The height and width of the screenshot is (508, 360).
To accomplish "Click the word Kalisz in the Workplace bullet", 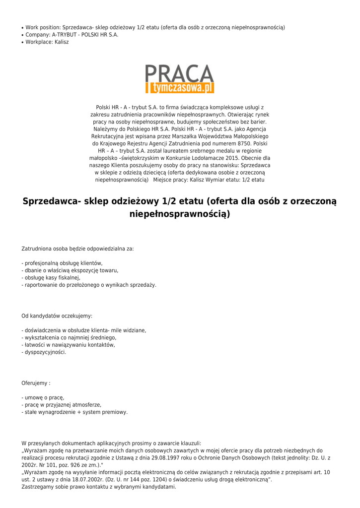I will (62, 42).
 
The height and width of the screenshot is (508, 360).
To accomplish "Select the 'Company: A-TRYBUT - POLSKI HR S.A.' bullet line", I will (72, 35).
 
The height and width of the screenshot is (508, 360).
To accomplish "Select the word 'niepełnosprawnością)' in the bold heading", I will (180, 214).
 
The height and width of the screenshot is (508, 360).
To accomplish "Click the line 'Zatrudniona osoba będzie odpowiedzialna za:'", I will (77, 249).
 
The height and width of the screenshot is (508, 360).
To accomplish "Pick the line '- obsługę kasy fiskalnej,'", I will (51, 278).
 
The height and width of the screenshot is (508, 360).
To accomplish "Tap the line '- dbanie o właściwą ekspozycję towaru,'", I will (70, 270).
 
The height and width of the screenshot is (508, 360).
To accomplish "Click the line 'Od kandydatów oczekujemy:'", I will (57, 316).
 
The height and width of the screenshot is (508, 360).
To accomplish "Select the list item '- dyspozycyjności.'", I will (44, 352).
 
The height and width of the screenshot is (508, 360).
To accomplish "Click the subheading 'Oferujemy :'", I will (36, 383).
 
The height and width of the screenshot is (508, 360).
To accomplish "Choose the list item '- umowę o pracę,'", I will (43, 397).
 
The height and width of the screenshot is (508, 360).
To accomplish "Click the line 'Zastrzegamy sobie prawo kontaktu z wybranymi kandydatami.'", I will (99, 487).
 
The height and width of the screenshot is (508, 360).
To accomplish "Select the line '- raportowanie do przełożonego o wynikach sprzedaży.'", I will (89, 285).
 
